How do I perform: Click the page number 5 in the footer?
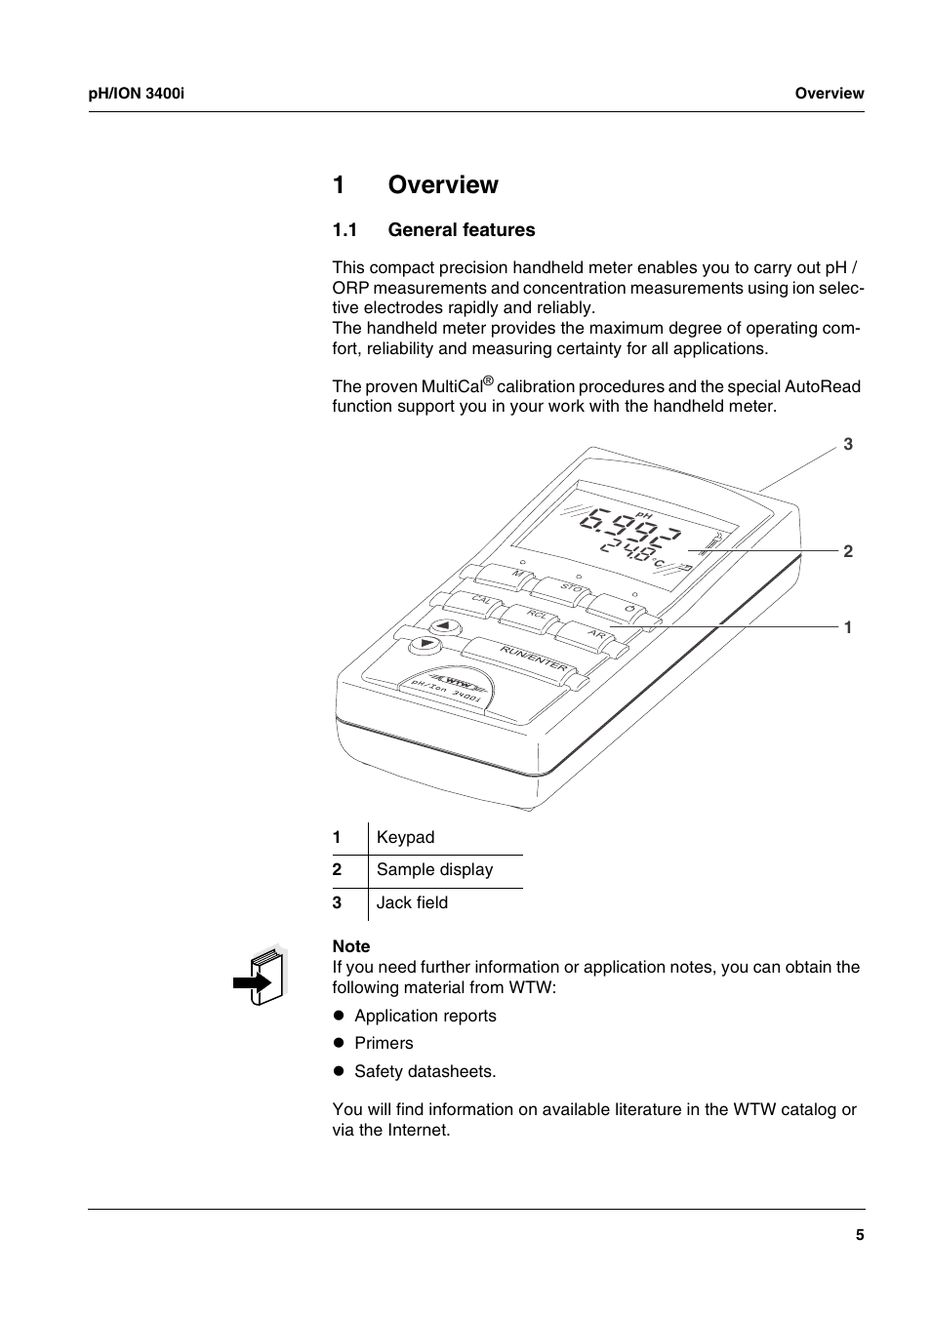click(x=860, y=1235)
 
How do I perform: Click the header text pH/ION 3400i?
click(x=137, y=94)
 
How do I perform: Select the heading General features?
click(x=461, y=230)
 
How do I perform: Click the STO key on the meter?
click(x=572, y=588)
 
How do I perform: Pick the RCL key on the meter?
click(x=536, y=615)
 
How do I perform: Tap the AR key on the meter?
click(x=596, y=634)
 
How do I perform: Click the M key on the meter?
click(x=517, y=574)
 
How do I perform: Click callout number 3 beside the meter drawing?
click(x=848, y=445)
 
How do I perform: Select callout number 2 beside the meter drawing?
click(x=848, y=551)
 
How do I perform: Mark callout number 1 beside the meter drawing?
click(x=848, y=627)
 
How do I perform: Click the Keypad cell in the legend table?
click(x=405, y=838)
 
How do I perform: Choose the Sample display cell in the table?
click(x=434, y=870)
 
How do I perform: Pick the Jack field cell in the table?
click(x=412, y=903)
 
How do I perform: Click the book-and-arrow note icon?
click(x=261, y=976)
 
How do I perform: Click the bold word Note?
click(x=351, y=946)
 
